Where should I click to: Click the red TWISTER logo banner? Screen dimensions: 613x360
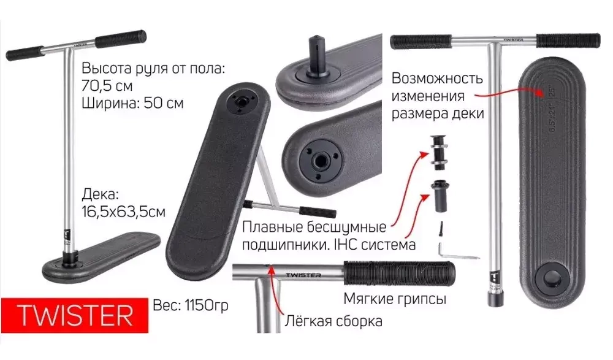click(x=74, y=315)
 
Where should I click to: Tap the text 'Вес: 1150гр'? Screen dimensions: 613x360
click(x=191, y=305)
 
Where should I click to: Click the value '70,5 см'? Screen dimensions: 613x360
click(x=107, y=85)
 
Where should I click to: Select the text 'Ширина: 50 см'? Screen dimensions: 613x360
click(x=132, y=103)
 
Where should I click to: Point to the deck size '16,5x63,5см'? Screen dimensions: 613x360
click(x=124, y=212)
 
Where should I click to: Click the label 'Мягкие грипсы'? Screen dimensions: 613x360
click(x=395, y=299)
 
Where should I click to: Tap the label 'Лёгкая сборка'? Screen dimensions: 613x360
click(x=333, y=321)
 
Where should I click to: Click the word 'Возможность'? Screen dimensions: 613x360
click(x=437, y=79)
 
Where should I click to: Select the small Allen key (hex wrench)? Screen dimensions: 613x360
click(x=457, y=253)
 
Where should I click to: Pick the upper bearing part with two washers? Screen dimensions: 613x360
click(x=439, y=152)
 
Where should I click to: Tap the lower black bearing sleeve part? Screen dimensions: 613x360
click(x=440, y=196)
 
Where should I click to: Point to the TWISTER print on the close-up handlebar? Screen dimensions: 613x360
click(x=303, y=275)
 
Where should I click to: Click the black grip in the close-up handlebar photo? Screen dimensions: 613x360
click(x=399, y=273)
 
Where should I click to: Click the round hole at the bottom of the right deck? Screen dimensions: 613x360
click(x=552, y=279)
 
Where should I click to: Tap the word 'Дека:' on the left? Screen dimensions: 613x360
click(x=100, y=194)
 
